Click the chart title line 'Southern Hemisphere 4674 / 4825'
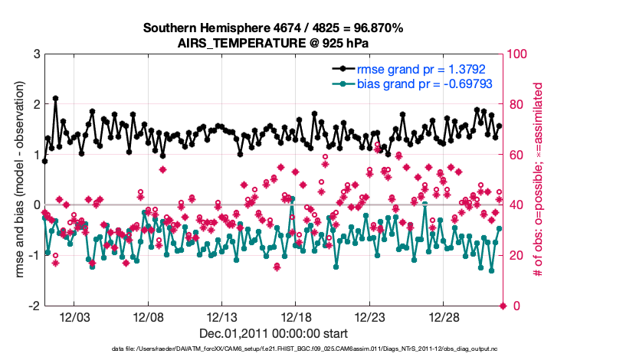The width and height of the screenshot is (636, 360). pyautogui.click(x=273, y=28)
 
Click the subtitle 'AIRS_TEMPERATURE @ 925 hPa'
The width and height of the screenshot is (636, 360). pyautogui.click(x=273, y=42)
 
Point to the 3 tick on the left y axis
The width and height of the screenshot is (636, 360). pyautogui.click(x=36, y=54)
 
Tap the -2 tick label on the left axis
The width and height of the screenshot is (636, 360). pyautogui.click(x=34, y=306)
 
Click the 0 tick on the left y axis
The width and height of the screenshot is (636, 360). pyautogui.click(x=36, y=205)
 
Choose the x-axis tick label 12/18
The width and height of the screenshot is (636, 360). pyautogui.click(x=296, y=317)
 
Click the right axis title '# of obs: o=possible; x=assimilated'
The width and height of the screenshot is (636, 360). pyautogui.click(x=539, y=180)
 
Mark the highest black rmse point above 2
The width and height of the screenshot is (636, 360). pyautogui.click(x=56, y=99)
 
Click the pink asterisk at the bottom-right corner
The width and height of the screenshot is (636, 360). pyautogui.click(x=503, y=306)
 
